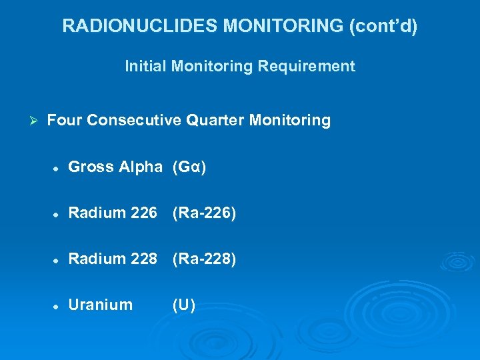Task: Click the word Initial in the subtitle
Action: (143, 66)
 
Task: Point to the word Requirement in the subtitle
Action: (313, 66)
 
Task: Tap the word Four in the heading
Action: (65, 121)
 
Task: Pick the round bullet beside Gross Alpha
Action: (57, 167)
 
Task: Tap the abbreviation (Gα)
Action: (189, 167)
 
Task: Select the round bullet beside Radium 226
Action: (57, 213)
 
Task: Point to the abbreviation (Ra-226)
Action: (204, 213)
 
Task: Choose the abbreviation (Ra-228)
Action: (204, 259)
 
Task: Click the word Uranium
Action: (101, 305)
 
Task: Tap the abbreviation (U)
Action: (183, 305)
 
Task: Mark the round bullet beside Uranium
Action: (57, 305)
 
